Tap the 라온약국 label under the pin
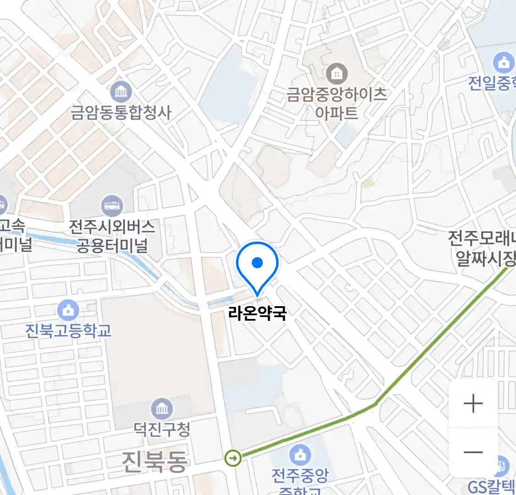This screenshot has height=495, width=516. [257, 313]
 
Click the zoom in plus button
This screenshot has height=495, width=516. [473, 404]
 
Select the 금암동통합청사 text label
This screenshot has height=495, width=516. [121, 112]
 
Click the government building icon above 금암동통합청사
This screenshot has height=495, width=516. [121, 92]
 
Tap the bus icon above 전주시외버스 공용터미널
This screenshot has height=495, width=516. [112, 205]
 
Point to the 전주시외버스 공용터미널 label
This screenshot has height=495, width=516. [112, 236]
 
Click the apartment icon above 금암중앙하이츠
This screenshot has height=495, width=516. [337, 73]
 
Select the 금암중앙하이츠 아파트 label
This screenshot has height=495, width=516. [337, 103]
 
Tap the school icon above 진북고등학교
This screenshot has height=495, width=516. [68, 311]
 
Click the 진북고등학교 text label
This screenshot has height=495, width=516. [68, 330]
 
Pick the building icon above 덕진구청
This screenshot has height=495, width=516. [162, 408]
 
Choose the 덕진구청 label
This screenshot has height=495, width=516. [162, 429]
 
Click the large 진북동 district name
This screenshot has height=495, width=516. [155, 461]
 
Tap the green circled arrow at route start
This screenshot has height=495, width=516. [233, 457]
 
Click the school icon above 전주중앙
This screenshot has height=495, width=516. [300, 455]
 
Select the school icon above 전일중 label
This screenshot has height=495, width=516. [503, 63]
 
